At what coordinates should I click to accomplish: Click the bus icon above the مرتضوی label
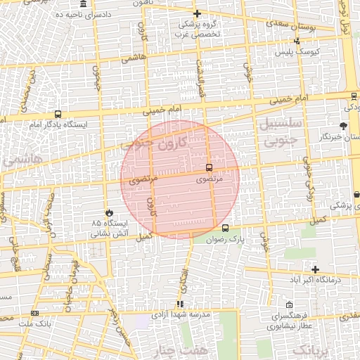pyautogui.click(x=209, y=167)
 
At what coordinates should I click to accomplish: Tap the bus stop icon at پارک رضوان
pyautogui.click(x=225, y=228)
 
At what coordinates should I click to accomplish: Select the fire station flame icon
pyautogui.click(x=108, y=212)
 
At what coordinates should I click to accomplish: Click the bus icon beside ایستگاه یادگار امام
pyautogui.click(x=57, y=114)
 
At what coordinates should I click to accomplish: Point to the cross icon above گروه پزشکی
pyautogui.click(x=198, y=13)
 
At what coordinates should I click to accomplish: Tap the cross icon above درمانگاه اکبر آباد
pyautogui.click(x=315, y=269)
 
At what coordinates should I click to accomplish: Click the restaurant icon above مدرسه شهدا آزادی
pyautogui.click(x=180, y=304)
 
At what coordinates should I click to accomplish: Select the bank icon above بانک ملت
pyautogui.click(x=35, y=313)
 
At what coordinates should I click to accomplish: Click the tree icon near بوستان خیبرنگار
pyautogui.click(x=343, y=126)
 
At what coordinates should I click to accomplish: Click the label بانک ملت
pyautogui.click(x=35, y=323)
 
